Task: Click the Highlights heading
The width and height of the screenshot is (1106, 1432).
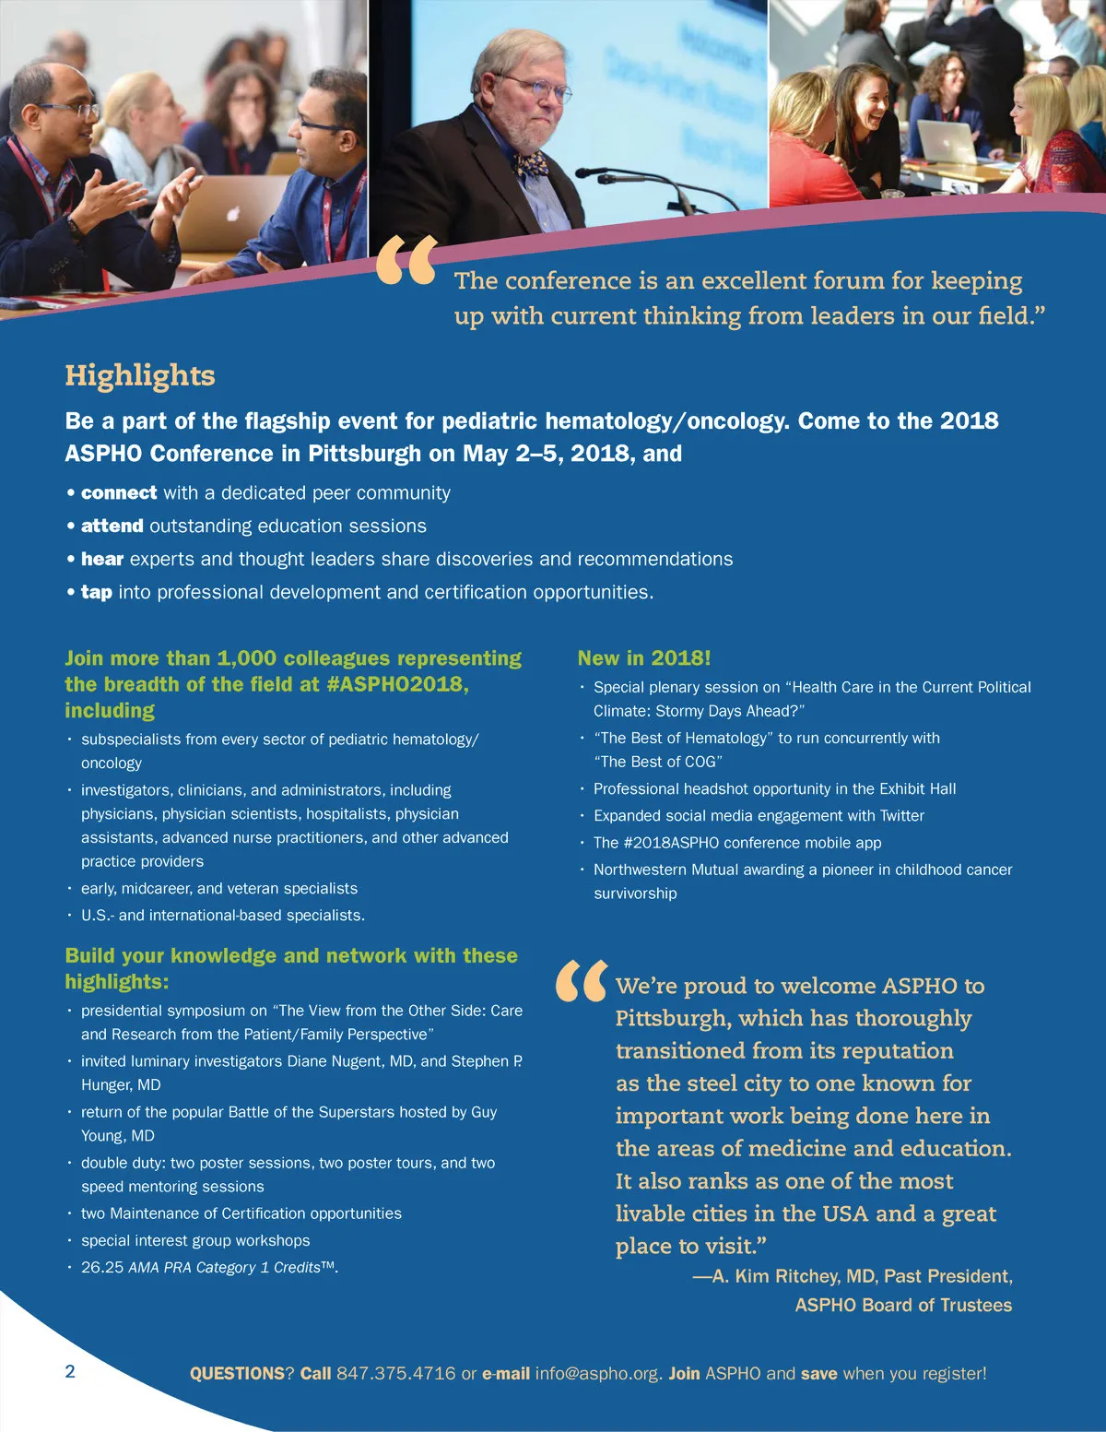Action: [140, 375]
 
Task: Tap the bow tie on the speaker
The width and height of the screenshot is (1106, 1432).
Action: [531, 165]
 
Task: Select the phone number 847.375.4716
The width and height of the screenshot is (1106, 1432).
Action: [395, 1373]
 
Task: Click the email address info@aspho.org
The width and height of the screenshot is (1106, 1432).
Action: [598, 1373]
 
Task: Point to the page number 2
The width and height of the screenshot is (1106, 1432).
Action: [70, 1371]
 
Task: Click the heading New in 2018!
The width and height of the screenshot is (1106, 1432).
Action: [644, 658]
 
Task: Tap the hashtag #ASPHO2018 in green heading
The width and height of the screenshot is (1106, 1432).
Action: [397, 684]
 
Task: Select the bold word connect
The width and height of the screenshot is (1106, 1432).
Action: [119, 492]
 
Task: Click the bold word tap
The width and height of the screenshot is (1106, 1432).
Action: [97, 592]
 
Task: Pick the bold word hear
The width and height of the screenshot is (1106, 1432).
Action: [102, 559]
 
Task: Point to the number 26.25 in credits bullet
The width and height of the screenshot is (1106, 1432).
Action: [102, 1267]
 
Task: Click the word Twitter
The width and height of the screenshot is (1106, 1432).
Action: [902, 815]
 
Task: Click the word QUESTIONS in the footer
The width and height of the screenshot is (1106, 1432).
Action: [237, 1373]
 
